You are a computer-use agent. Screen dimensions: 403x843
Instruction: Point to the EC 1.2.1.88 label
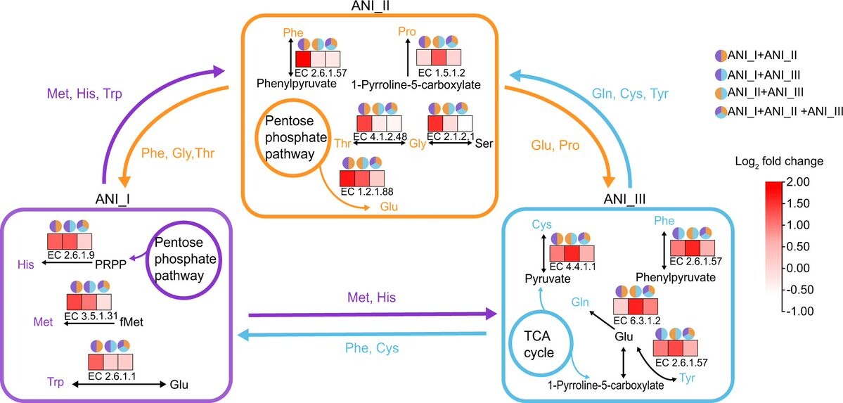pos(363,192)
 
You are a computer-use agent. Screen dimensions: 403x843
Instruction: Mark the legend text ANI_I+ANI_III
pos(766,73)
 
